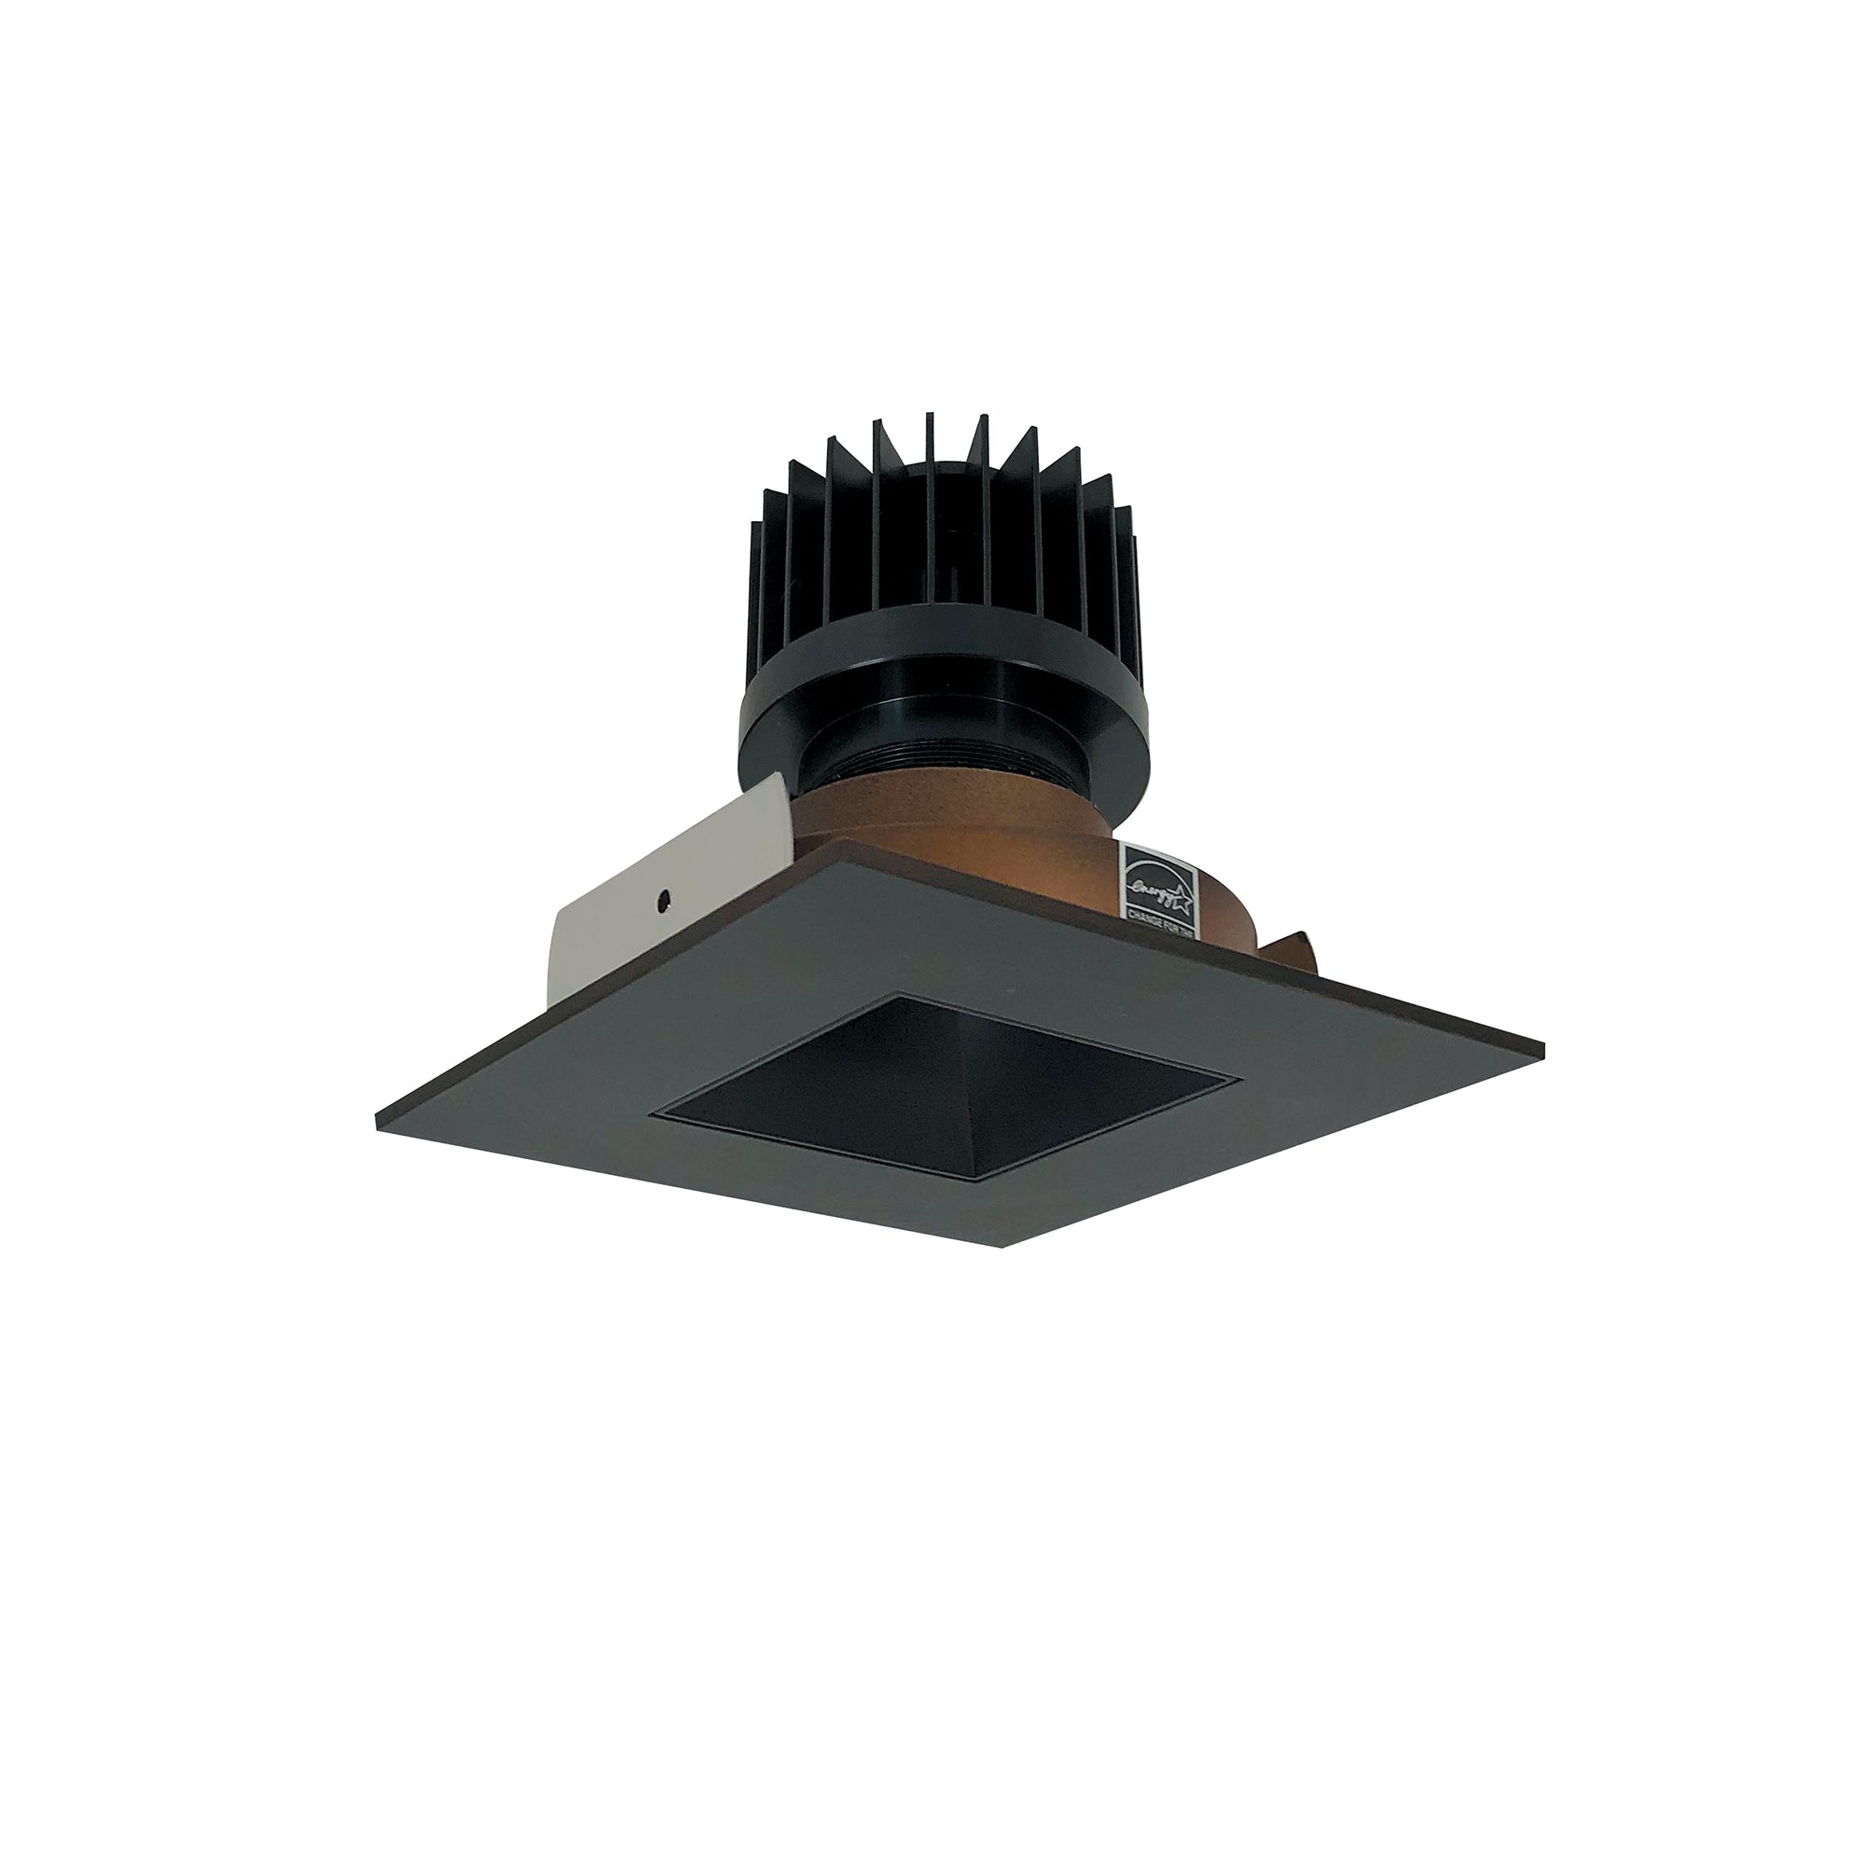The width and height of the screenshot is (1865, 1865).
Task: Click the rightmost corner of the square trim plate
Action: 1542,1049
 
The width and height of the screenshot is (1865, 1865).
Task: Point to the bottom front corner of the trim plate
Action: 1006,1246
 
